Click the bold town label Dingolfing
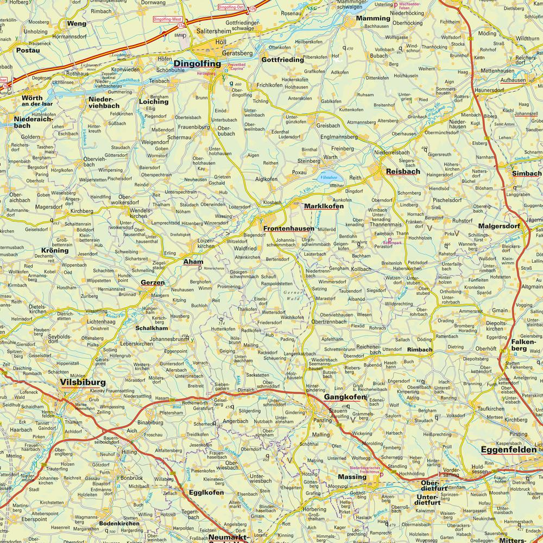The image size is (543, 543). pos(197,64)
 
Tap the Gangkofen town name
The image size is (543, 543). pos(345,397)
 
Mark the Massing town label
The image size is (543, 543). pos(352,477)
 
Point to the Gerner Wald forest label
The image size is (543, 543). pos(291,296)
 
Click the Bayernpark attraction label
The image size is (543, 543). pos(383,241)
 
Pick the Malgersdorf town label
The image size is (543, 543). pos(500,226)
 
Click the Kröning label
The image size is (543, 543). pos(55,250)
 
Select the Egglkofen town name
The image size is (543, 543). pos(206,493)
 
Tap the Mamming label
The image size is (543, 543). pos(373,18)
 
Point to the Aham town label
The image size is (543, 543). pos(193,262)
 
